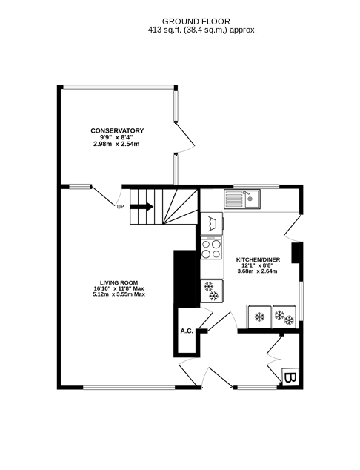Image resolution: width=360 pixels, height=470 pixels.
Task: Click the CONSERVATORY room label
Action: (x=117, y=131)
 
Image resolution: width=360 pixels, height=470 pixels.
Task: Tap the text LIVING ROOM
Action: (x=119, y=282)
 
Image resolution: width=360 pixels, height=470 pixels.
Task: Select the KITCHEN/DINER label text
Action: (x=257, y=259)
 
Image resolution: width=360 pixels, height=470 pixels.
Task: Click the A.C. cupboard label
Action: (x=186, y=331)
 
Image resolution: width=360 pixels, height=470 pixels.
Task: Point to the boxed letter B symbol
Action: (x=290, y=377)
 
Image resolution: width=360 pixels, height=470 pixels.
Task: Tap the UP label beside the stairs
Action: (x=120, y=207)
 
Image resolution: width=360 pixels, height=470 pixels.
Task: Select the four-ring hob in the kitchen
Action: (x=211, y=247)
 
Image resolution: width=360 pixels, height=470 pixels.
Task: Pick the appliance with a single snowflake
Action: (x=259, y=317)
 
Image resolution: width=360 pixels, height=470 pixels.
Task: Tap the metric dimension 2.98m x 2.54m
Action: (x=116, y=144)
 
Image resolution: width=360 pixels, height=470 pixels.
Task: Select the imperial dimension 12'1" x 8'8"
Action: (x=257, y=265)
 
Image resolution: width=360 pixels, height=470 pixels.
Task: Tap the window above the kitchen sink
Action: (x=256, y=185)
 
